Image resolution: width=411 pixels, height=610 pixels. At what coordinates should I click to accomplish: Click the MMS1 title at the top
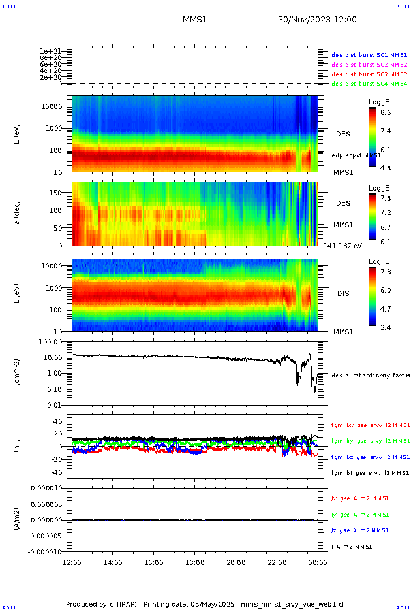(x=194, y=20)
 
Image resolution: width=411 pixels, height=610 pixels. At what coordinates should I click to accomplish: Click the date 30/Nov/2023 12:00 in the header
(x=317, y=20)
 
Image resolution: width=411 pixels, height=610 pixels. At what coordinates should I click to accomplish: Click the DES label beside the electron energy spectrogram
(x=343, y=134)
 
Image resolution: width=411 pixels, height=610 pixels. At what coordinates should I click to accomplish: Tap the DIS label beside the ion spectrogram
(x=343, y=293)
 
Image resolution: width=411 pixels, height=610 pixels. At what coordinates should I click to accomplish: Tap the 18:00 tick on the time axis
(x=195, y=562)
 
